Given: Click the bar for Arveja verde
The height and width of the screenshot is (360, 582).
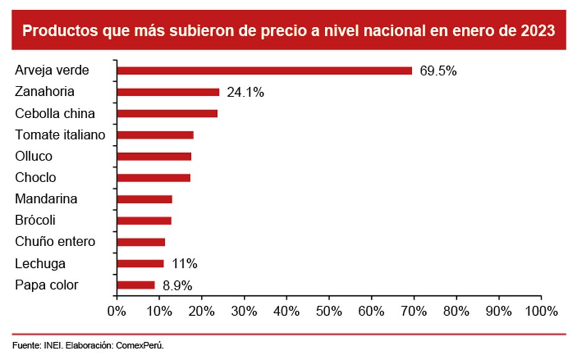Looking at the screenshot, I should click(264, 71).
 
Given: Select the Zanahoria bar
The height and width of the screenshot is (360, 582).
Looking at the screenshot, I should click(168, 92).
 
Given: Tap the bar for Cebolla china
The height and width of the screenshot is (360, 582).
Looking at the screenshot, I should click(167, 113).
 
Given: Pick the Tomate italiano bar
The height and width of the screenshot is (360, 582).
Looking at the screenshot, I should click(155, 135).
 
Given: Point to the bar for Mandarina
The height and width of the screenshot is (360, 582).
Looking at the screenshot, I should click(144, 199).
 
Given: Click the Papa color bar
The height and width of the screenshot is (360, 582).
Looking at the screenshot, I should click(136, 285).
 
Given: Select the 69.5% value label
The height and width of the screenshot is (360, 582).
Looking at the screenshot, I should click(438, 71).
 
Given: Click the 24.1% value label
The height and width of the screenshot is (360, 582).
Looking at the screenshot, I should click(246, 93).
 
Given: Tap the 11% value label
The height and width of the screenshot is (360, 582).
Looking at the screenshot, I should click(185, 264).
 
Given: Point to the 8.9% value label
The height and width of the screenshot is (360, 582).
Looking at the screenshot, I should click(177, 285).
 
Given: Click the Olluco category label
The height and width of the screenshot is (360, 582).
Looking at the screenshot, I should click(34, 156).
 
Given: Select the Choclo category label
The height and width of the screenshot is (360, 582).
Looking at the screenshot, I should click(35, 178).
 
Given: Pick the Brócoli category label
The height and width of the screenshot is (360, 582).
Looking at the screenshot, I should click(35, 221).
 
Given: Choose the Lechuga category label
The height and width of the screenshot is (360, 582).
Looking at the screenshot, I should click(40, 264).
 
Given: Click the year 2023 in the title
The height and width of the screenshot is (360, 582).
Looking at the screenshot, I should click(540, 30).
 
